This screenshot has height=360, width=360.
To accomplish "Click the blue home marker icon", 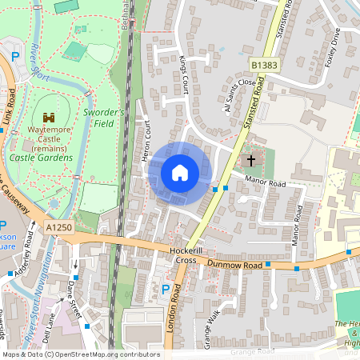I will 180,173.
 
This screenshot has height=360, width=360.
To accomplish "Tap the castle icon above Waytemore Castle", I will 50,118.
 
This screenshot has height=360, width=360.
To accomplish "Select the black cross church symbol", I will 251,160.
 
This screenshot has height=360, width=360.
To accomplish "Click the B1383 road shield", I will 263,64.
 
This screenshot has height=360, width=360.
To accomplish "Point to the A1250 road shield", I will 58,228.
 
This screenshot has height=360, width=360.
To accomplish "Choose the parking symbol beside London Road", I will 166,289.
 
